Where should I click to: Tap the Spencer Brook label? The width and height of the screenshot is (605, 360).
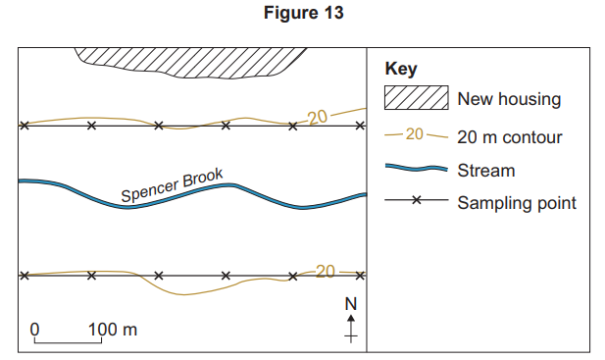click(173, 185)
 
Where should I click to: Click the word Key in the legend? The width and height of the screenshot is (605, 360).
click(400, 70)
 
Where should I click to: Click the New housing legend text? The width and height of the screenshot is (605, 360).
click(509, 99)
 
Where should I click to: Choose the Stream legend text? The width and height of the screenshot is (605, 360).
click(485, 170)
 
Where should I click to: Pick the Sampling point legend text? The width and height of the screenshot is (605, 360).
click(517, 202)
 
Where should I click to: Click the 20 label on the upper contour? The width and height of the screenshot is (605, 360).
click(317, 118)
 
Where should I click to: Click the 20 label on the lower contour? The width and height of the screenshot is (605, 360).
click(325, 272)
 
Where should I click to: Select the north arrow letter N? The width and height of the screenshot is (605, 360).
click(350, 304)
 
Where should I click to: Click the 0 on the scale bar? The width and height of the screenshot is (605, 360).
click(34, 328)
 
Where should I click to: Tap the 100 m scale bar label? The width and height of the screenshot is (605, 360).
click(113, 328)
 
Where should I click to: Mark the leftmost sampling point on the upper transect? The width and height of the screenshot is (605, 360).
click(25, 126)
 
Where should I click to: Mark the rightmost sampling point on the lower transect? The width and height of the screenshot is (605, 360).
click(359, 276)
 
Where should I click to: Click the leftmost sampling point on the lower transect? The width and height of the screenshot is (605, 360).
click(25, 276)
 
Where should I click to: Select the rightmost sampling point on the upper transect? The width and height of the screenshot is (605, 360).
click(359, 126)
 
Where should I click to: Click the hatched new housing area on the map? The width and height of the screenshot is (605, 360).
click(186, 64)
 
